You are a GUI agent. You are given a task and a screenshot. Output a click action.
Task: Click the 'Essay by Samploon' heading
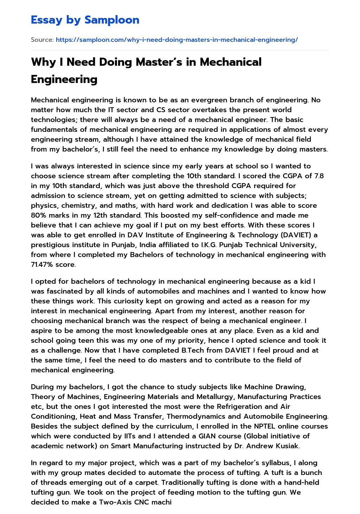tap(85, 20)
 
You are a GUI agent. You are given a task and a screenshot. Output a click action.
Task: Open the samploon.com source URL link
tap(176, 40)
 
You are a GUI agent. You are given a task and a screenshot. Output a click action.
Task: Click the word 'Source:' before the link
tap(42, 40)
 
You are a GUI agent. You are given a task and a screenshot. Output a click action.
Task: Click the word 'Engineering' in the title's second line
tap(64, 79)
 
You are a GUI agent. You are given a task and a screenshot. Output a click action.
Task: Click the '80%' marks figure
tap(38, 215)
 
